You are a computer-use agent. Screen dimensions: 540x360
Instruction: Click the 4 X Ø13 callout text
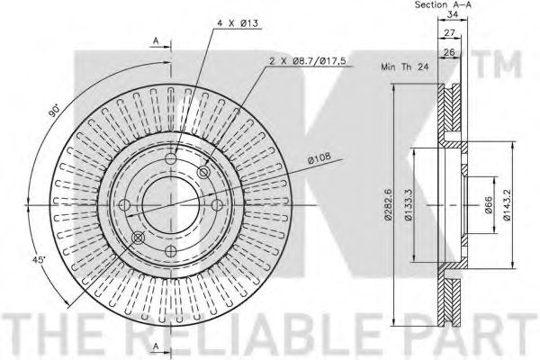pyautogui.click(x=238, y=23)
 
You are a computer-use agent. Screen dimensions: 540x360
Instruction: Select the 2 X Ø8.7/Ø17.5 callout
pyautogui.click(x=308, y=61)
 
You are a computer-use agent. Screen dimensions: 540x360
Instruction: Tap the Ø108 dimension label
pyautogui.click(x=319, y=158)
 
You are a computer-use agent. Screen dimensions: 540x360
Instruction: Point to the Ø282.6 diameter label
pyautogui.click(x=389, y=204)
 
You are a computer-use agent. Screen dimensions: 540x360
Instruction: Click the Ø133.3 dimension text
pyautogui.click(x=408, y=204)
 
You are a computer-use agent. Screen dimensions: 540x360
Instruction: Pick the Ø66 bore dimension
pyautogui.click(x=489, y=204)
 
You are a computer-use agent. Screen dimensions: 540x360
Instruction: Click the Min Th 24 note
pyautogui.click(x=405, y=67)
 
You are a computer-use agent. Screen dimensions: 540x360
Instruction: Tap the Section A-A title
pyautogui.click(x=443, y=4)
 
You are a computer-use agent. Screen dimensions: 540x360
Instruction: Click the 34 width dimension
pyautogui.click(x=453, y=14)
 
